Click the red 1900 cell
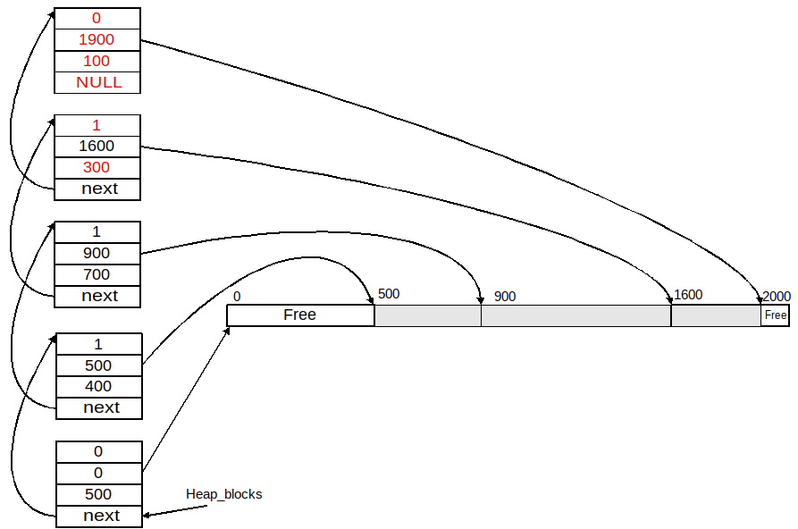click(x=97, y=39)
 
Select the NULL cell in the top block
click(x=97, y=82)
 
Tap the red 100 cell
click(x=97, y=61)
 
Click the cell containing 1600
click(x=97, y=147)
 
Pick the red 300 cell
click(x=97, y=168)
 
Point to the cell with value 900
click(x=97, y=254)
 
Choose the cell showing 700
click(x=97, y=275)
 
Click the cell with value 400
click(x=98, y=386)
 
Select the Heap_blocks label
click(x=224, y=494)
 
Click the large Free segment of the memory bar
click(x=300, y=315)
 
